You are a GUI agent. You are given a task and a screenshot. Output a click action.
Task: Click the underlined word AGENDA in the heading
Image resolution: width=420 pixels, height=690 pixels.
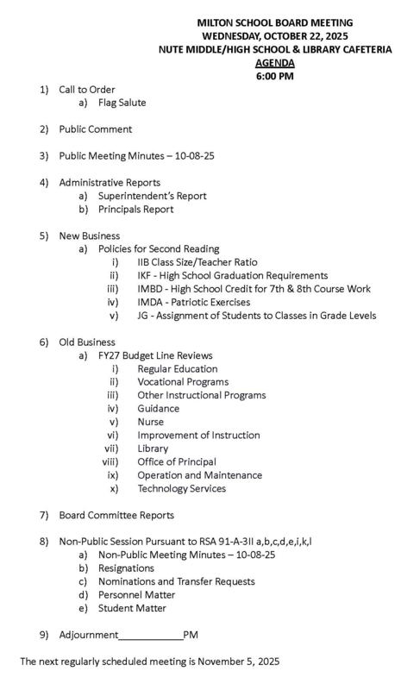(x=274, y=63)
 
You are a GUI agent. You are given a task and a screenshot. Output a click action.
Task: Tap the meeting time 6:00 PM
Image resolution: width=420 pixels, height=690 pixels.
(x=274, y=76)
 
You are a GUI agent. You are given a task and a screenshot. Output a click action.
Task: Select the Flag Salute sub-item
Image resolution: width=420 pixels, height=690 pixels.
(x=122, y=103)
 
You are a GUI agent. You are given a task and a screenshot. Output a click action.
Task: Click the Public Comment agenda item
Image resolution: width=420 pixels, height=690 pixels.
(x=95, y=129)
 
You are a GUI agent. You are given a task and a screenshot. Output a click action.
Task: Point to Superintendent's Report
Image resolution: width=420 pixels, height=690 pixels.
(x=152, y=196)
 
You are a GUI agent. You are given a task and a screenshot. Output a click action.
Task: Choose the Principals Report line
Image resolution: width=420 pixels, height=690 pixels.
(x=135, y=210)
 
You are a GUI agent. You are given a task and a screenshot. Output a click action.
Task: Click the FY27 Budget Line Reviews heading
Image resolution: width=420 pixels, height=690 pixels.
(x=155, y=355)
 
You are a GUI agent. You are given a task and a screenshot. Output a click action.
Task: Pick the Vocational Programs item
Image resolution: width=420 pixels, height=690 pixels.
(x=183, y=382)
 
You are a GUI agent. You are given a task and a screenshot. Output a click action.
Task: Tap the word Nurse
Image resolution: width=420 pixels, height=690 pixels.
(x=151, y=422)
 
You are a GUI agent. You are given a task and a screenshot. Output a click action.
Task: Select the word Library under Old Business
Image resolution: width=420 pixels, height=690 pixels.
(x=153, y=448)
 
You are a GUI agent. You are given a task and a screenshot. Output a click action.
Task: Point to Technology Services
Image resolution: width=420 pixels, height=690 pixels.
(x=181, y=488)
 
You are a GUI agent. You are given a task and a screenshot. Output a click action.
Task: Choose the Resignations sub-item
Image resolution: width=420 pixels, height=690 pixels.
(x=126, y=568)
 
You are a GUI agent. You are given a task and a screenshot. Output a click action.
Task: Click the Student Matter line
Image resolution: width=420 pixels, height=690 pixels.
(x=132, y=608)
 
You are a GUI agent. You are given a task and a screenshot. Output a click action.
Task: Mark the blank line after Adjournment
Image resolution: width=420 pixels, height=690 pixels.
(x=150, y=636)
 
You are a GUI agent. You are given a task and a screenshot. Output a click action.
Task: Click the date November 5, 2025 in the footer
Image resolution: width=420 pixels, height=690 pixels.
(x=239, y=662)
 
